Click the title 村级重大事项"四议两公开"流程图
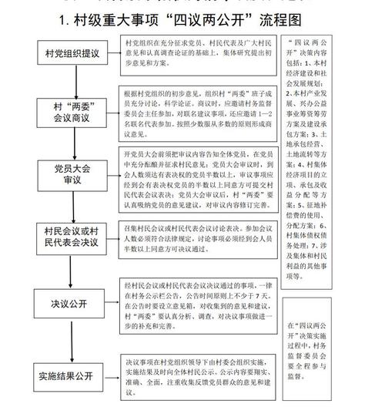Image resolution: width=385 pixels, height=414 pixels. [x=192, y=18]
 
